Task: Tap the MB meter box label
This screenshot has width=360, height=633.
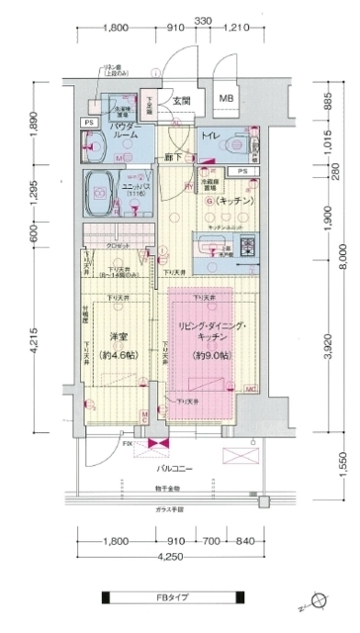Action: coord(226,99)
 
